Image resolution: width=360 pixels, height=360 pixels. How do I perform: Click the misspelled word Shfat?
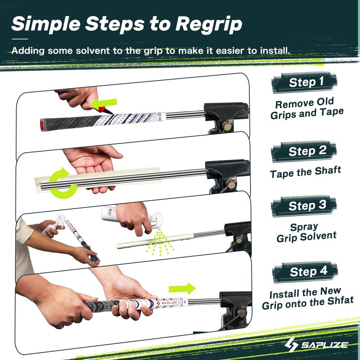tap(338, 301)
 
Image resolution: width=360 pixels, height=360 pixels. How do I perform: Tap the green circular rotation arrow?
tap(62, 182)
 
